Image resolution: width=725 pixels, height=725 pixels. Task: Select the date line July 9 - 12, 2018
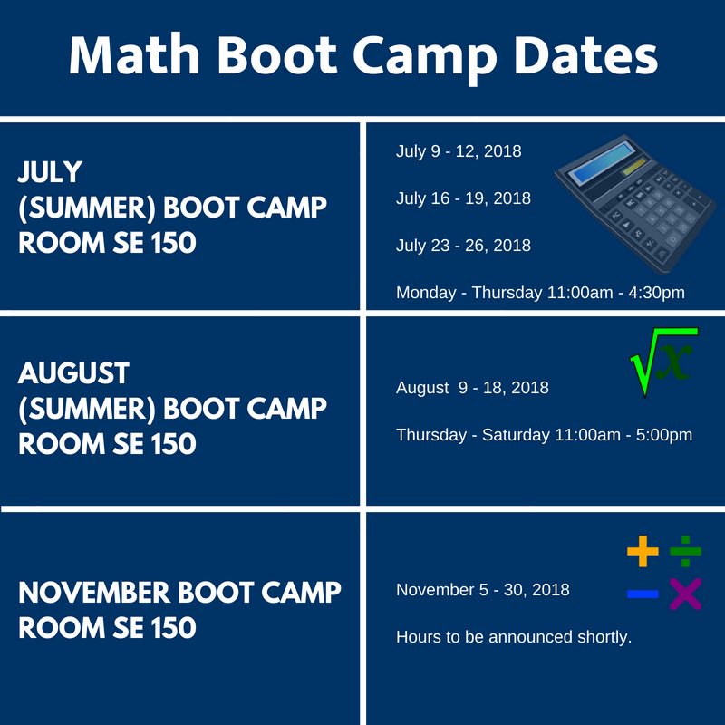click(459, 151)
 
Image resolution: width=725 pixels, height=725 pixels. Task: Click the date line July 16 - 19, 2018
click(463, 198)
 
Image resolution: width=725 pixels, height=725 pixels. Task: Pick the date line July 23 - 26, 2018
click(463, 246)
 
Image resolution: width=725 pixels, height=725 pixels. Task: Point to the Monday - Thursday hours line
click(540, 293)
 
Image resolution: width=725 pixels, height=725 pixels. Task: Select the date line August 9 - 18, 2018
click(472, 388)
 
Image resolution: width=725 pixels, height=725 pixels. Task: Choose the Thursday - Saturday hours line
click(544, 435)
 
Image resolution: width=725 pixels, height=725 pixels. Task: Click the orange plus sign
click(643, 551)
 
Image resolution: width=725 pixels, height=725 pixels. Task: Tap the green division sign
click(686, 550)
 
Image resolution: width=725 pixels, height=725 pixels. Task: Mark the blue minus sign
click(643, 594)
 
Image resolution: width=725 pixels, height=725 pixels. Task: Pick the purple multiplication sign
click(686, 594)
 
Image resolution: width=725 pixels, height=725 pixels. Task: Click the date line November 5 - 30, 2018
click(483, 590)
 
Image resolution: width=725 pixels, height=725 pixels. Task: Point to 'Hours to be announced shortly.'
click(514, 637)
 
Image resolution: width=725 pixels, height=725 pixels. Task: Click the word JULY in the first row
click(51, 171)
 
